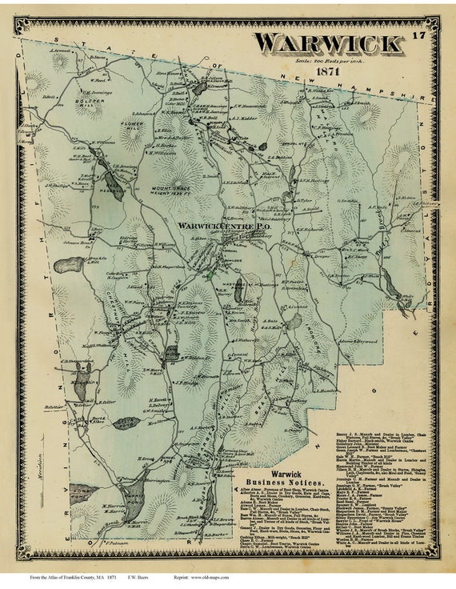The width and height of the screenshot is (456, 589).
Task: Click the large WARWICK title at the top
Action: pyautogui.click(x=328, y=43)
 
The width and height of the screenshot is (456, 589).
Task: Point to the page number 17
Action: pyautogui.click(x=419, y=35)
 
